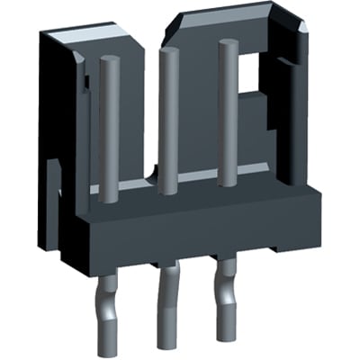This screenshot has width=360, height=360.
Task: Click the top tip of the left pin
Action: pyautogui.click(x=110, y=61)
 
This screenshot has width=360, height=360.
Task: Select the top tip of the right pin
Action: pyautogui.click(x=227, y=47)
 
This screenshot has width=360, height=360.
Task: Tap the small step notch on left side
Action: pyautogui.click(x=51, y=171)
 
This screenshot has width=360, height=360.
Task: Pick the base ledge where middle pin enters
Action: pyautogui.click(x=166, y=193)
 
